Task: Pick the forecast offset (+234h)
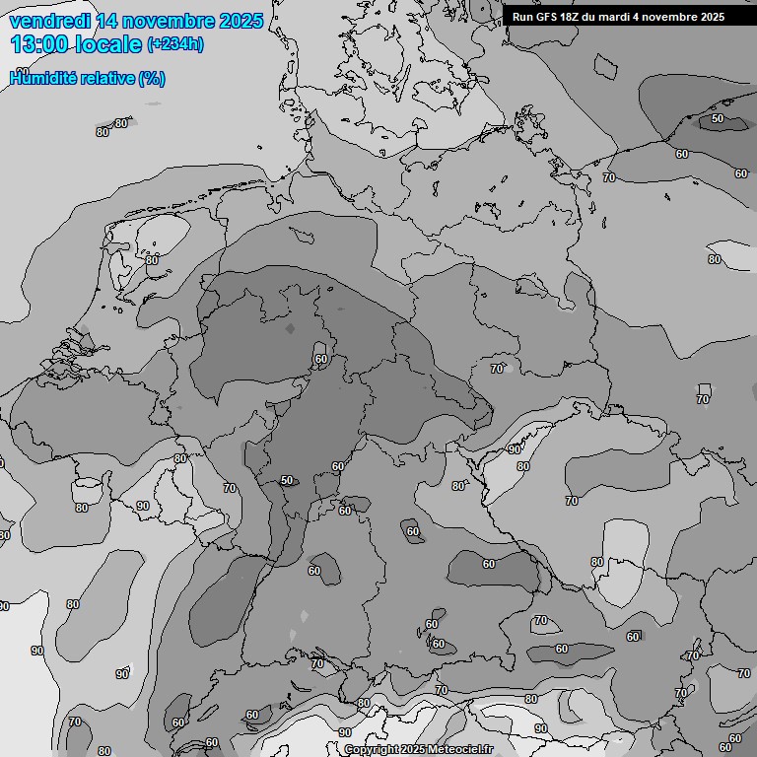(175, 44)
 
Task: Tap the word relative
(105, 78)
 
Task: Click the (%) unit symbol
(152, 78)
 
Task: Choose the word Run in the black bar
(523, 17)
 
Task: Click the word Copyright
(373, 749)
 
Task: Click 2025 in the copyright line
(413, 749)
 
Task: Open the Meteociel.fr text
(461, 749)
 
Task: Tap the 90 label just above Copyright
(344, 732)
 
